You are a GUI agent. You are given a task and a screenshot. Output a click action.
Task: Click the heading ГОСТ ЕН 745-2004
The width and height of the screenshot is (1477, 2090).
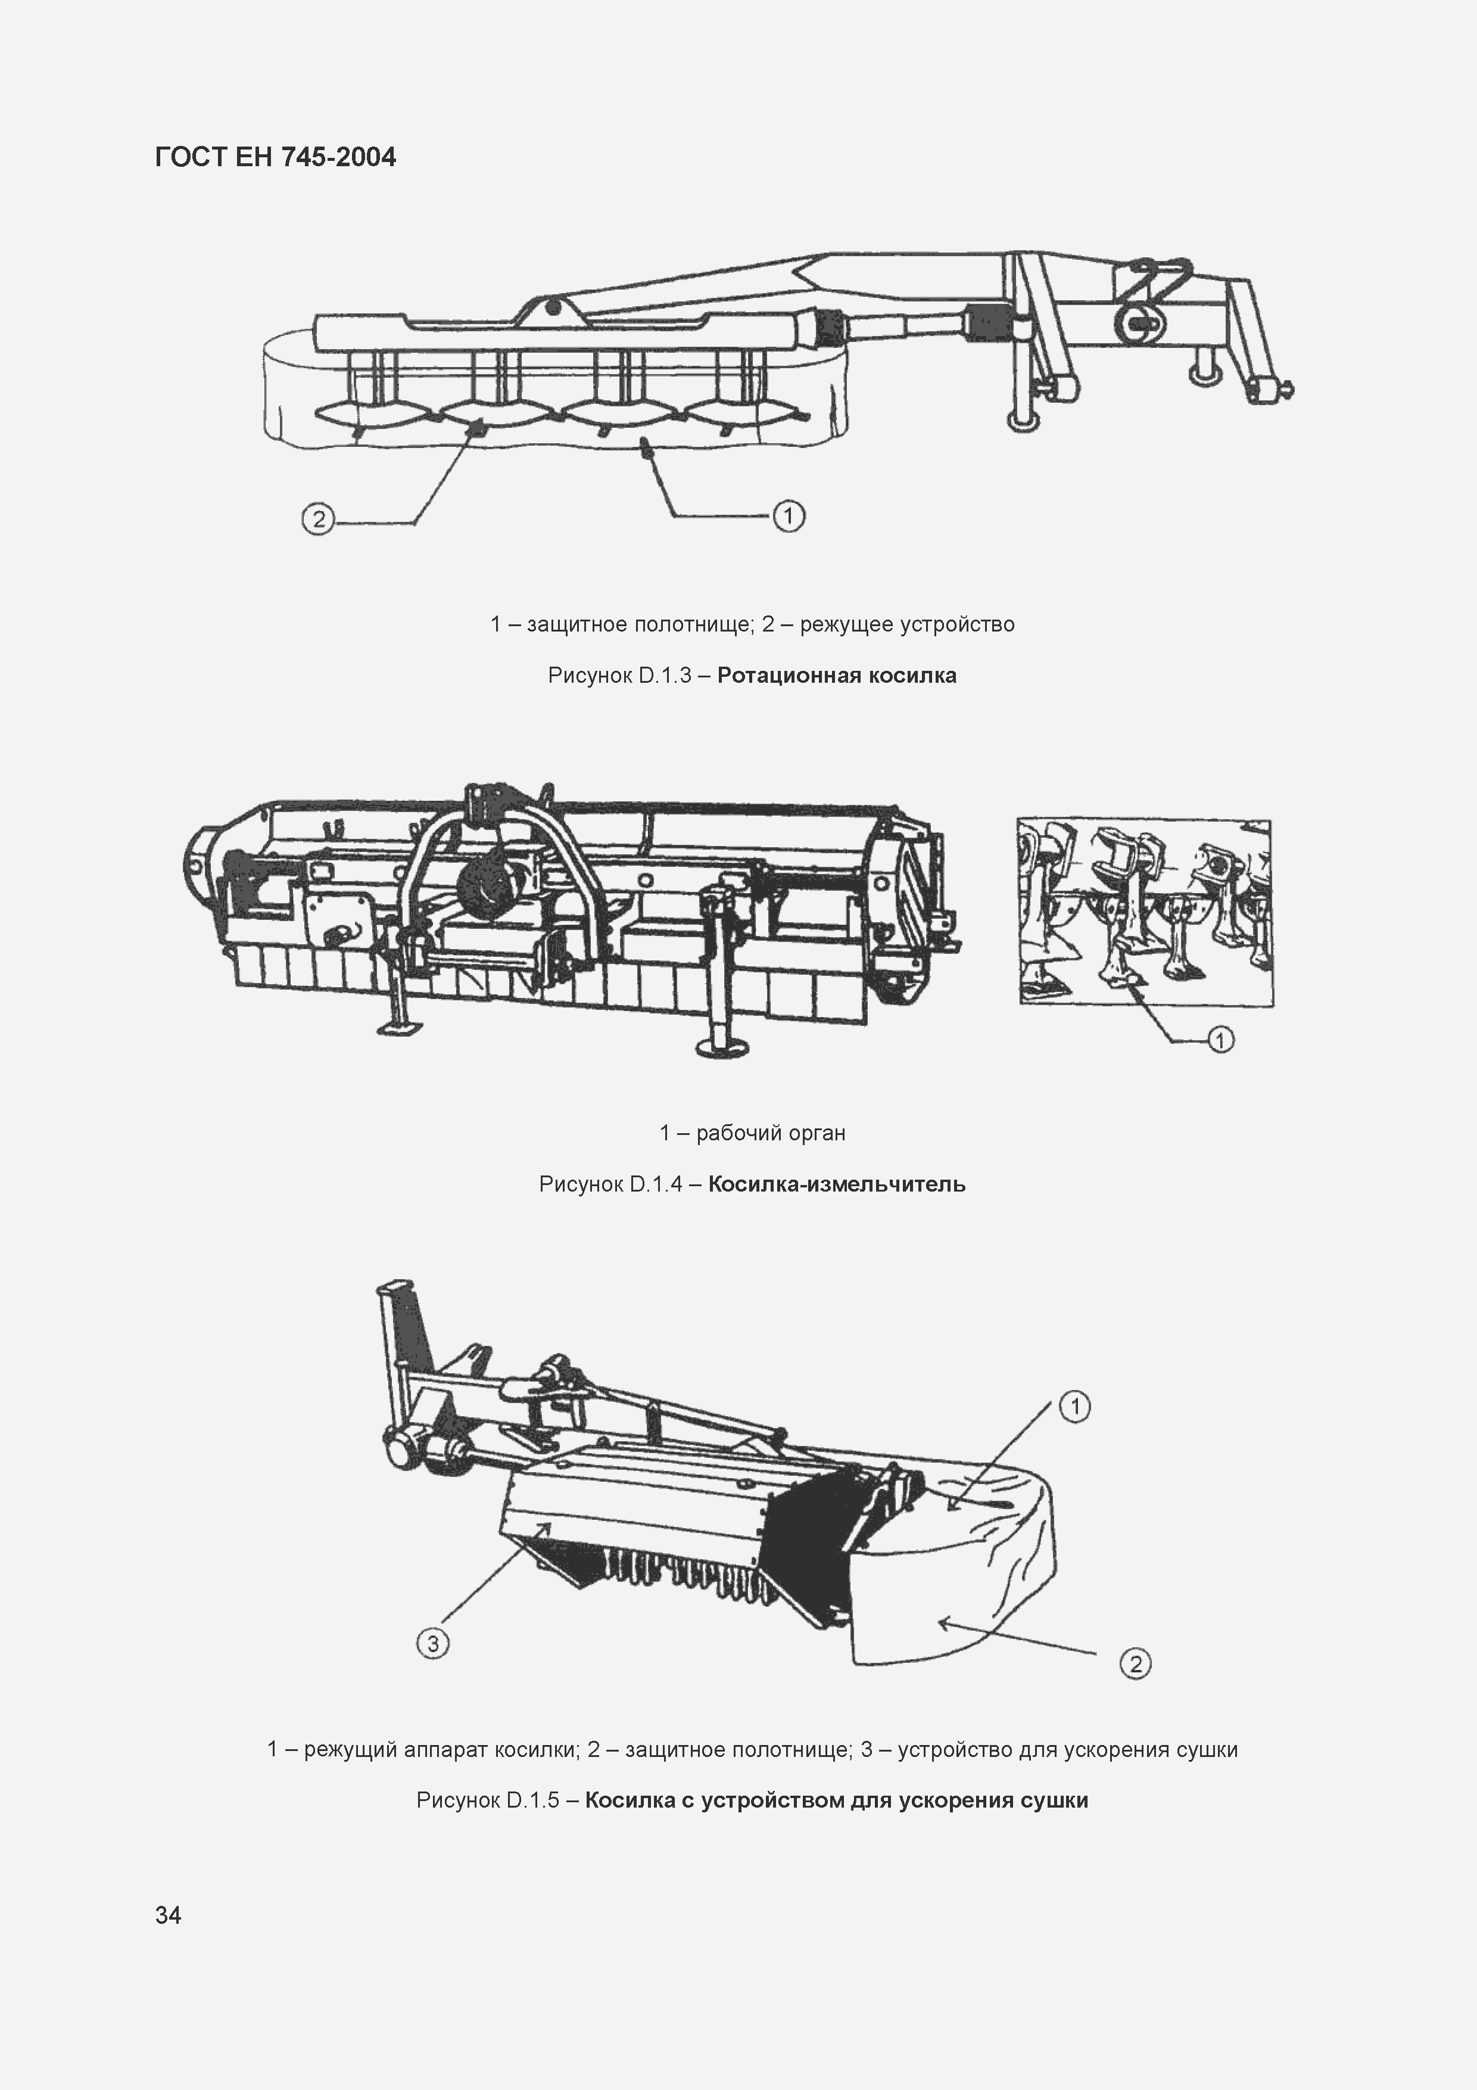[x=276, y=157]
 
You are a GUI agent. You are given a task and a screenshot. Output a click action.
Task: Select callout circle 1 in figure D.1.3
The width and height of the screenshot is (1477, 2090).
[x=788, y=516]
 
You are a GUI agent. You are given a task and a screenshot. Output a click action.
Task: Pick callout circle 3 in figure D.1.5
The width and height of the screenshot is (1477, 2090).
[x=432, y=1643]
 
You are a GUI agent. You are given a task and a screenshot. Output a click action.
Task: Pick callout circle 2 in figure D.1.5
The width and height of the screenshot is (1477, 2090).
[x=1135, y=1664]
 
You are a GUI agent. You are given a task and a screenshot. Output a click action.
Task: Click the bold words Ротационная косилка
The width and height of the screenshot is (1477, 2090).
[x=836, y=676]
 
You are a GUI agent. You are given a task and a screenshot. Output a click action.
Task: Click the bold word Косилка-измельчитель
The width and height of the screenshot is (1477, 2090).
[x=836, y=1184]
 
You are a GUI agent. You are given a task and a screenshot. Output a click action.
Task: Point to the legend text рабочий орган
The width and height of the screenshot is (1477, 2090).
[x=770, y=1133]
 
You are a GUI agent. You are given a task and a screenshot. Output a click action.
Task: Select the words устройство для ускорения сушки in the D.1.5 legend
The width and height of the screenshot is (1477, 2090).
[x=1067, y=1750]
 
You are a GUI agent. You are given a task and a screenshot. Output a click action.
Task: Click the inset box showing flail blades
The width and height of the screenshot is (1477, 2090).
[x=1145, y=911]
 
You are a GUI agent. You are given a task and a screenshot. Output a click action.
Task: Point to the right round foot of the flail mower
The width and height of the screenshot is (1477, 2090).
[x=722, y=1047]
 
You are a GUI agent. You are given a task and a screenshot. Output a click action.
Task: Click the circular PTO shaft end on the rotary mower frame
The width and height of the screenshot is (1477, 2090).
[x=1135, y=321]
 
